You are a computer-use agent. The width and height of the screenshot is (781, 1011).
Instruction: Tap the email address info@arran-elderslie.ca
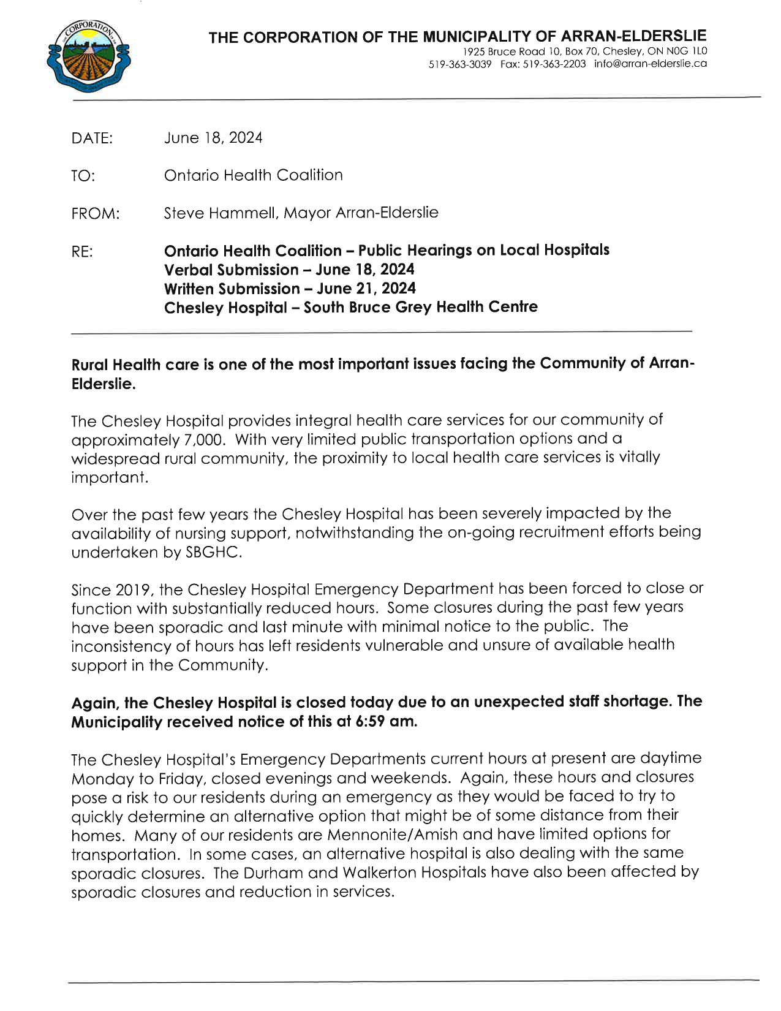(x=651, y=64)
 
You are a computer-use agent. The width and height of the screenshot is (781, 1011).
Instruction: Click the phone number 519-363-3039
(x=460, y=64)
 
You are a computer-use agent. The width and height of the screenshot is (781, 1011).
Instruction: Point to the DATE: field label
(x=92, y=138)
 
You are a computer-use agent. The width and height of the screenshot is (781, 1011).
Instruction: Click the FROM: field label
(x=95, y=214)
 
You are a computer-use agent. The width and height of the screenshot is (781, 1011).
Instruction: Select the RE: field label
(x=82, y=252)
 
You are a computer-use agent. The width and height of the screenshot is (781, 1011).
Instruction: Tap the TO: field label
(x=83, y=176)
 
